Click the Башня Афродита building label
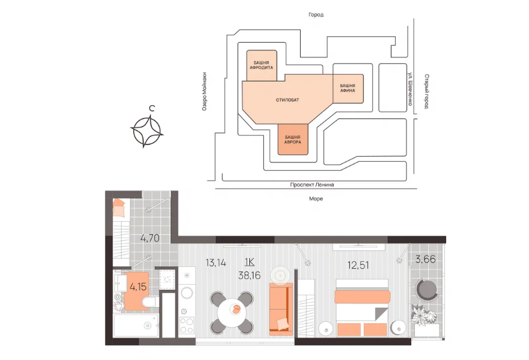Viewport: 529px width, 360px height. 261,65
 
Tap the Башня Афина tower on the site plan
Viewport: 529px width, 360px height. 348,89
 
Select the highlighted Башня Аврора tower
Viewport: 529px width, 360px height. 293,140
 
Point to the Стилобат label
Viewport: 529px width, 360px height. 287,100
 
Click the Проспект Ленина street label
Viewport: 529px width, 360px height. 312,185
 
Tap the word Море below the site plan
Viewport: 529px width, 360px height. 316,199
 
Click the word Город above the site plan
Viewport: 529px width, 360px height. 316,15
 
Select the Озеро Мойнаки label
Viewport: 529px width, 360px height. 204,92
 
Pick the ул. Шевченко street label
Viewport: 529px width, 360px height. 410,89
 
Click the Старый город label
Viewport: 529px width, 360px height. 426,92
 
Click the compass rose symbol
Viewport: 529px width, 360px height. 147,131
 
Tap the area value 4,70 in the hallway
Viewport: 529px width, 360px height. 150,238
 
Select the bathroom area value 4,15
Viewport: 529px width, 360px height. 138,287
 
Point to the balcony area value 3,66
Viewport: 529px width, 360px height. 425,259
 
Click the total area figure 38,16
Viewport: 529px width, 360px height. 249,275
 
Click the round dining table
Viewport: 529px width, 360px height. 232,313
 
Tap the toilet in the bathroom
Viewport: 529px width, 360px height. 149,302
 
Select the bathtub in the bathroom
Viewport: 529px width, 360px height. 136,325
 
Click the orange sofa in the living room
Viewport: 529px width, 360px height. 281,309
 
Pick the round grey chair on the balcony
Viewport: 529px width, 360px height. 427,289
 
